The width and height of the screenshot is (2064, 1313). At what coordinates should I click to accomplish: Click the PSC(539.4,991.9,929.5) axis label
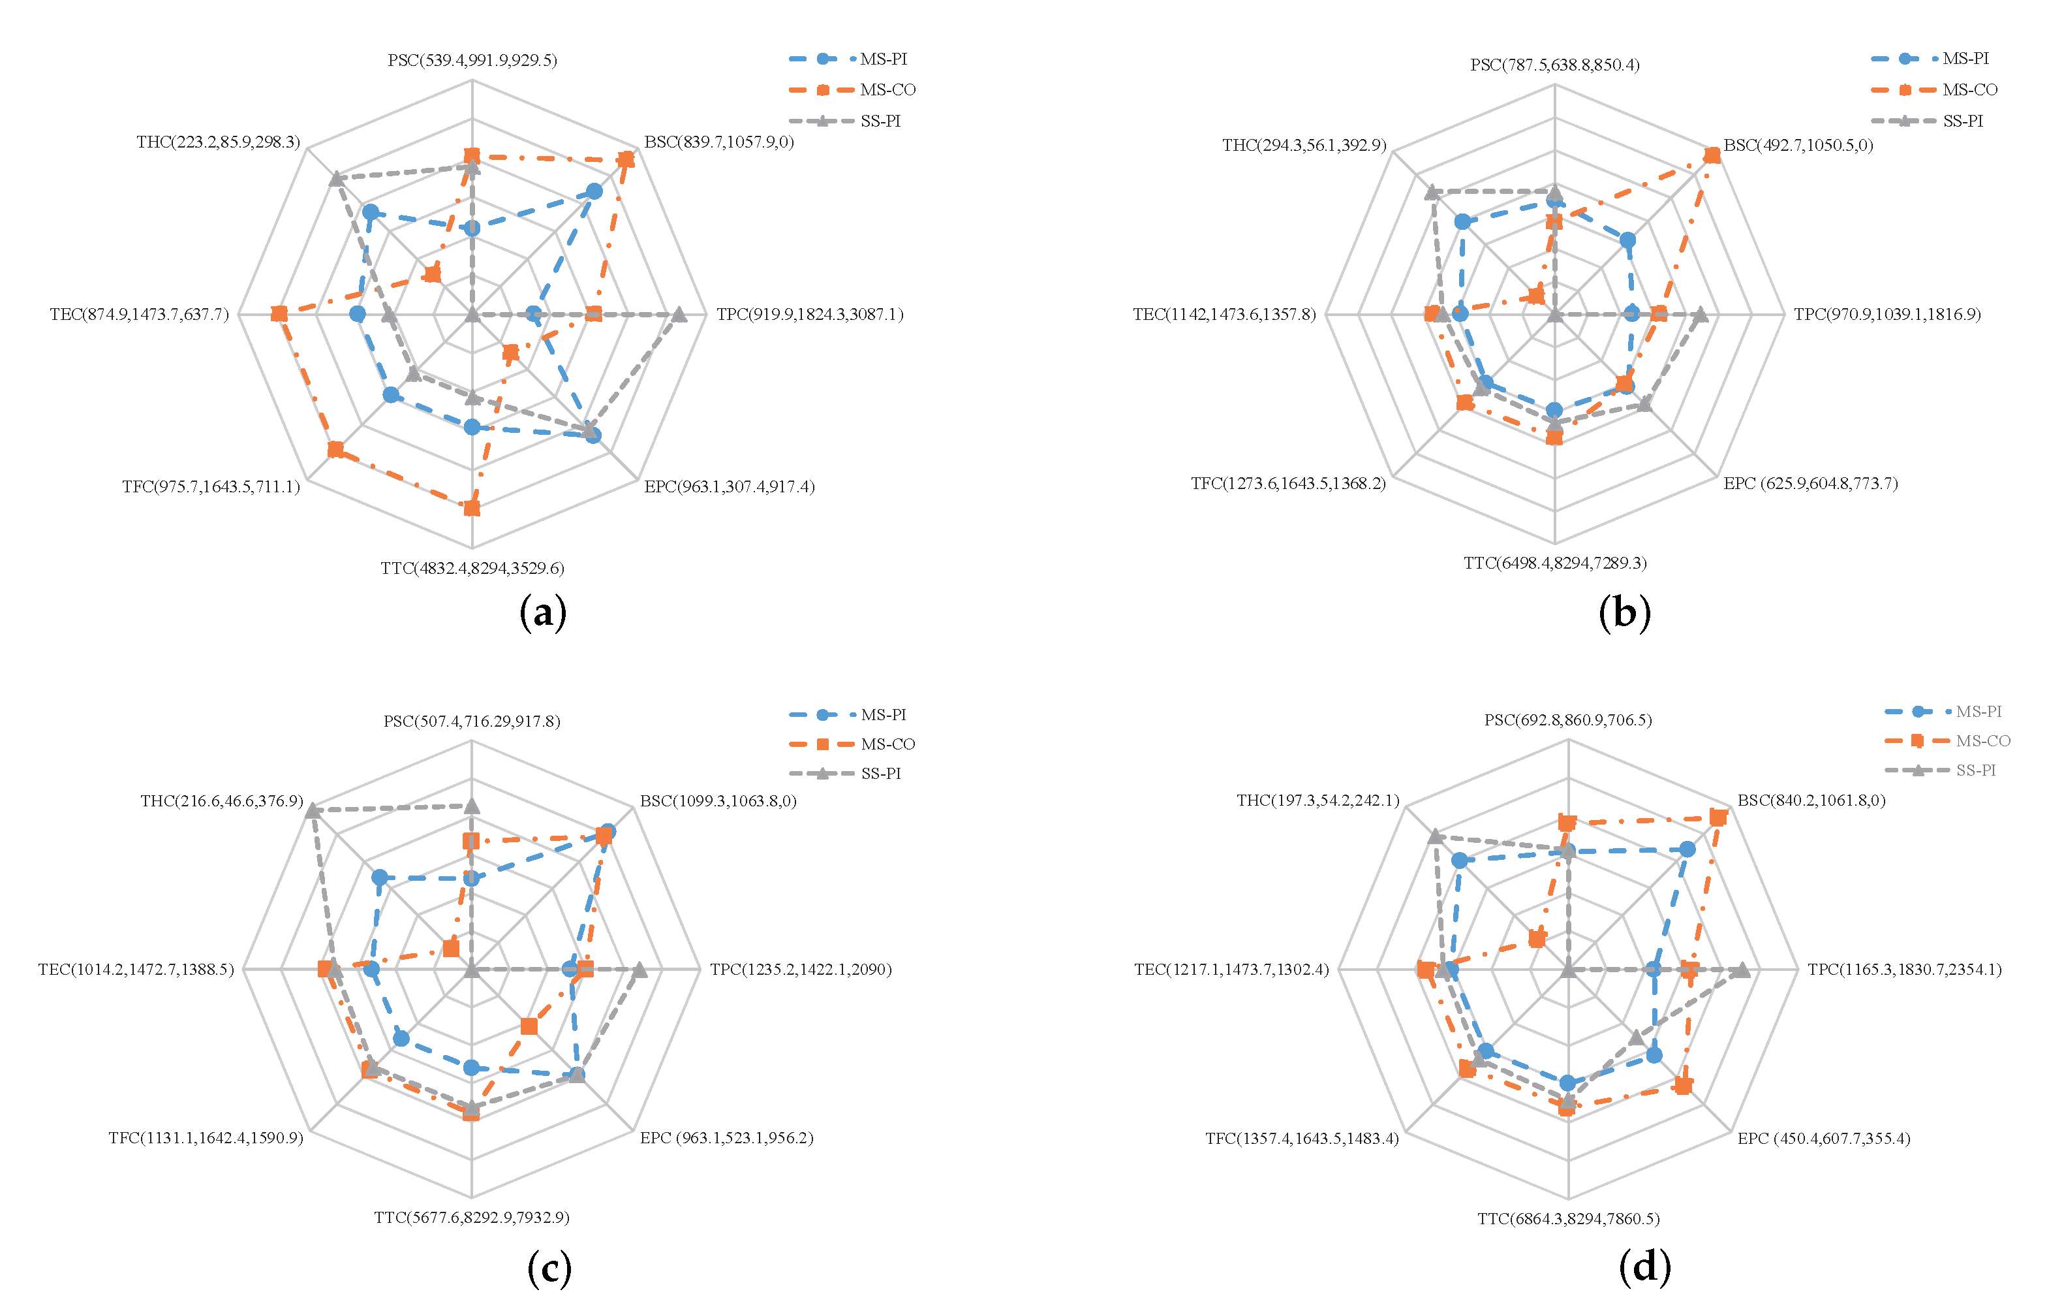pos(472,60)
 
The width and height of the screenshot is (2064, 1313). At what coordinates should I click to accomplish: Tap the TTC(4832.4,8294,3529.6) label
pos(472,569)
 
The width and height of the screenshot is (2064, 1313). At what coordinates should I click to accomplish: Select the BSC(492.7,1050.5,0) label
pos(1798,145)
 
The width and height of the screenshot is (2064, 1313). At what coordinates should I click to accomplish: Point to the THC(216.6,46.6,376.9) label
pos(222,801)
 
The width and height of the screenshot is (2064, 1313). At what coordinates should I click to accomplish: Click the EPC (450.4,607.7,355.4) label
pos(1824,1138)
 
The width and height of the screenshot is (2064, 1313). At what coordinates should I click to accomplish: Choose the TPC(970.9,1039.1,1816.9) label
pos(1887,314)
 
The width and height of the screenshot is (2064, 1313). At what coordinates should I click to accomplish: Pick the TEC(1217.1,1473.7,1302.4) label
pos(1232,969)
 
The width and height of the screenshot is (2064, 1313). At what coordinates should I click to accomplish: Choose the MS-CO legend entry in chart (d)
pos(1982,741)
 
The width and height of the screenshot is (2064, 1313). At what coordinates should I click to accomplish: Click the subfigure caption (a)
pos(542,613)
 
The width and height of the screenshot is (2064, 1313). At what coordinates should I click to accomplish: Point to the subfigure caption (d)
pos(1644,1267)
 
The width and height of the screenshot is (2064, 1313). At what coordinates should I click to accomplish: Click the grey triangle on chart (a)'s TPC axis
pos(679,315)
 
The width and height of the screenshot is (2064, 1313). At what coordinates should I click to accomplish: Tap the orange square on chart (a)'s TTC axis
pos(471,509)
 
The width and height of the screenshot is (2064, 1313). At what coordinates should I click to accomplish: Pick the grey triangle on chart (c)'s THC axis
pos(314,810)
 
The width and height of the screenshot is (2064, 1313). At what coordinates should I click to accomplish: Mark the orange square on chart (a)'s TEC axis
pos(279,315)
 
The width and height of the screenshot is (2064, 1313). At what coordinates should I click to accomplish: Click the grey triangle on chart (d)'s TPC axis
pos(1742,971)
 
